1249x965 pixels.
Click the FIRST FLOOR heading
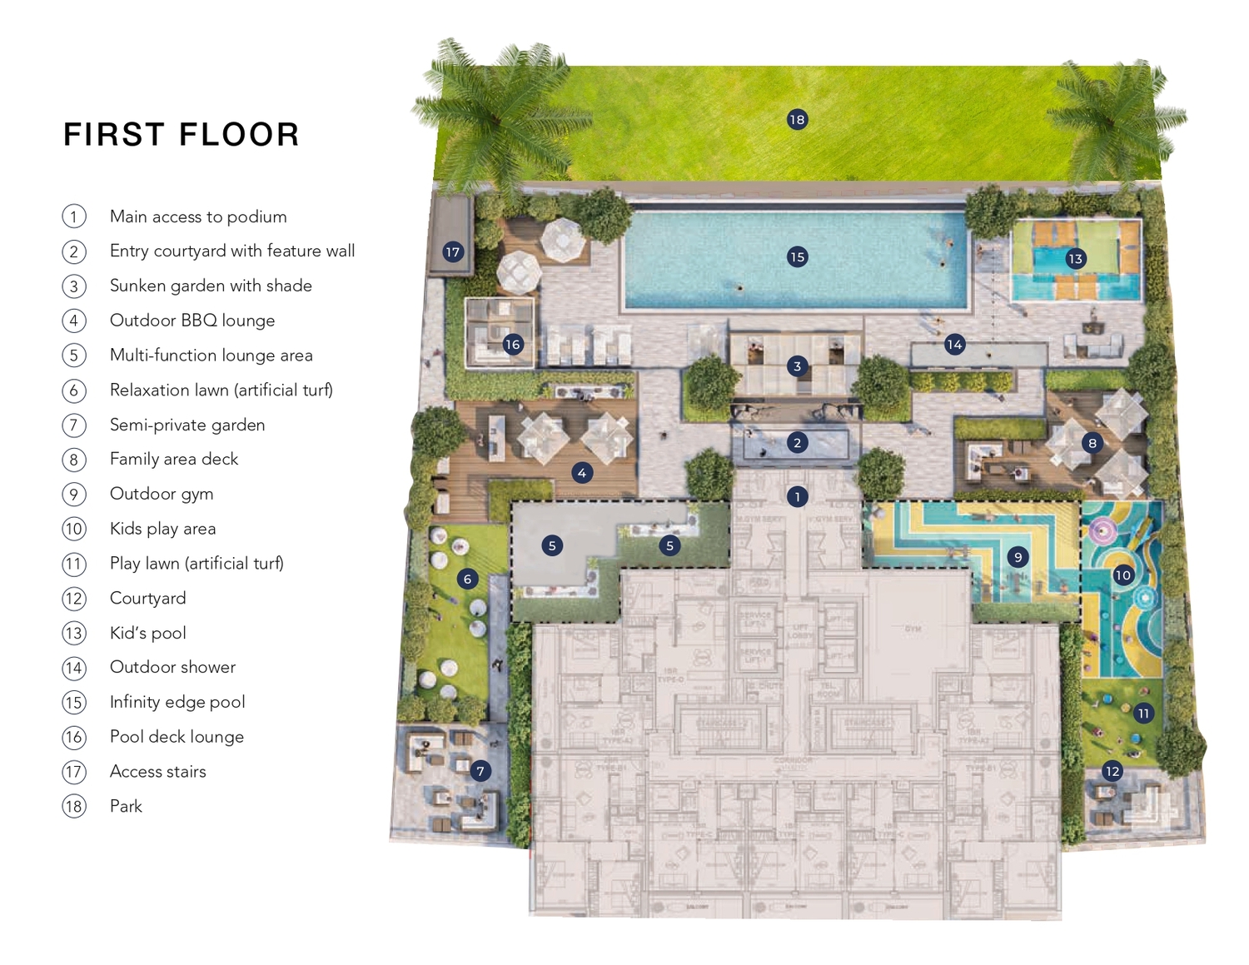pyautogui.click(x=182, y=135)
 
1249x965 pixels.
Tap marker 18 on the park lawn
pyautogui.click(x=797, y=120)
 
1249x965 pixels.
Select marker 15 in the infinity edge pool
pyautogui.click(x=797, y=256)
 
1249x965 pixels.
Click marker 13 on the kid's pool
pyautogui.click(x=1075, y=259)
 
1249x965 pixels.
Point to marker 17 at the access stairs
pyautogui.click(x=452, y=252)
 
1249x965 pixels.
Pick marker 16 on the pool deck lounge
pyautogui.click(x=512, y=344)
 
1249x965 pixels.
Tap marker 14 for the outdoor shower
pyautogui.click(x=954, y=344)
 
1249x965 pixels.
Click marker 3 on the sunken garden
pyautogui.click(x=797, y=366)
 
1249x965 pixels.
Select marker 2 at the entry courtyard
pyautogui.click(x=797, y=443)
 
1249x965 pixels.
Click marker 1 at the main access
pyautogui.click(x=797, y=497)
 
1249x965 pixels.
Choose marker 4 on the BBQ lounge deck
pyautogui.click(x=582, y=473)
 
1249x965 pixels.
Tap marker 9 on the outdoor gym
pyautogui.click(x=1018, y=557)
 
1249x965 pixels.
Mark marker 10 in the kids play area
pyautogui.click(x=1122, y=575)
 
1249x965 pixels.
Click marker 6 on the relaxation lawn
pyautogui.click(x=467, y=579)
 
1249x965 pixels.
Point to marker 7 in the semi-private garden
pyautogui.click(x=480, y=771)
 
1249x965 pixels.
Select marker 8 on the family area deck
pyautogui.click(x=1092, y=443)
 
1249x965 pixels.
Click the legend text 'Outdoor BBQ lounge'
pyautogui.click(x=192, y=321)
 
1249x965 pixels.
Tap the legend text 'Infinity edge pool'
pyautogui.click(x=177, y=702)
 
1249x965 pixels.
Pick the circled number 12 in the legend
pyautogui.click(x=74, y=599)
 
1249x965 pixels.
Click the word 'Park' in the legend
pyautogui.click(x=126, y=806)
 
